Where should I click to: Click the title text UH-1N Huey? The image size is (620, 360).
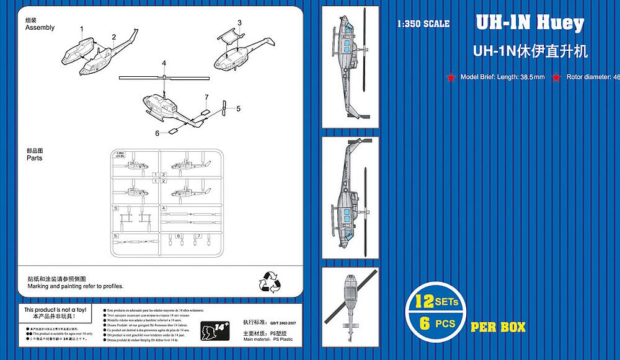point(529,24)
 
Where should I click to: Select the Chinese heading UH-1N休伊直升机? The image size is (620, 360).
point(529,51)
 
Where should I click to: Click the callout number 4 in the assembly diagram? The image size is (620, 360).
point(164,64)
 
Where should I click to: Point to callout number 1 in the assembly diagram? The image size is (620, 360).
point(82,29)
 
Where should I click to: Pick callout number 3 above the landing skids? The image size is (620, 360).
point(239,23)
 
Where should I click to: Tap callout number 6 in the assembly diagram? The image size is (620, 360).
point(157,133)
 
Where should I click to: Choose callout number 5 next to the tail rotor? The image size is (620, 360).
point(237,108)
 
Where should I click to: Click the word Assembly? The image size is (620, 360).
point(40,28)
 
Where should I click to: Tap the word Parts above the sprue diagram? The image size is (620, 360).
point(35,158)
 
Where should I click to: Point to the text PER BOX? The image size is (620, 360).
point(498,326)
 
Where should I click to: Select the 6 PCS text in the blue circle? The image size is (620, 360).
point(438,323)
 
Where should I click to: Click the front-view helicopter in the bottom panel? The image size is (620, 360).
point(350,305)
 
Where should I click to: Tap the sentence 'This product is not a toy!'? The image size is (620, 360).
point(54,309)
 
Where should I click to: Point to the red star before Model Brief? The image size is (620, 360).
point(451,77)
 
